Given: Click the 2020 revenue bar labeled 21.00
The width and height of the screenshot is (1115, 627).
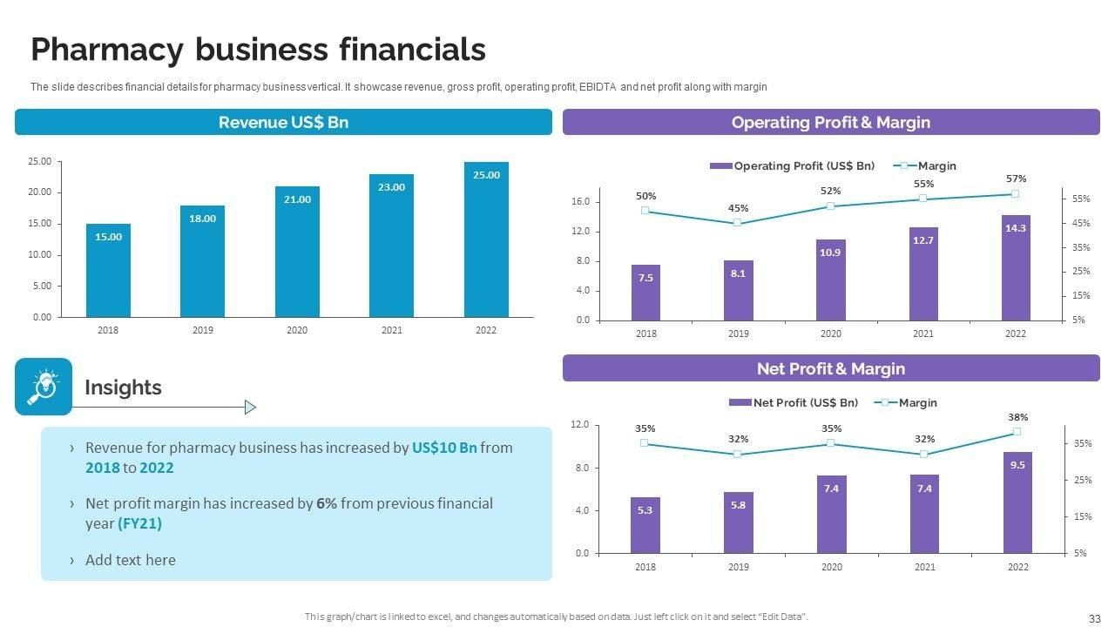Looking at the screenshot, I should (297, 252).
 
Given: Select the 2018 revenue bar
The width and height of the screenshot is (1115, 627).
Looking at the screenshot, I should (108, 270).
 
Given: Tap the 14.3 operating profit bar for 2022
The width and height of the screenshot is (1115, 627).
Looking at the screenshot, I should (1016, 267).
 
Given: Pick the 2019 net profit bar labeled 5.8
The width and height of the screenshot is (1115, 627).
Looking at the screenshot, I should (738, 522).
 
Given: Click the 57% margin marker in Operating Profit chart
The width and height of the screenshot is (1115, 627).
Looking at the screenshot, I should (1015, 194).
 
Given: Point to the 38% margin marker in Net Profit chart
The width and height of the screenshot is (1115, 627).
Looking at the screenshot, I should (1017, 432).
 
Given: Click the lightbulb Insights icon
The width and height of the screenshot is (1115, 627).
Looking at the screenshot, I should (44, 387).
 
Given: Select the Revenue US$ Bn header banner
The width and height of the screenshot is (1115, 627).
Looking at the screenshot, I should (283, 122).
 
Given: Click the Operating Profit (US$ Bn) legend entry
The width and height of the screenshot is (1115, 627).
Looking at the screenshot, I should (792, 165).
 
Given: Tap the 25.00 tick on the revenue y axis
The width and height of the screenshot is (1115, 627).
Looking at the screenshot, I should (40, 161).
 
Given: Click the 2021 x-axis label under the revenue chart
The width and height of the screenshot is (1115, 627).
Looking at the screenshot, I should (391, 331).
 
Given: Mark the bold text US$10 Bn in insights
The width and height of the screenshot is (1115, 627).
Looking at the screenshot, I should (444, 448).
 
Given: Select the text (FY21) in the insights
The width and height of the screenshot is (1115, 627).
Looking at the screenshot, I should (139, 523).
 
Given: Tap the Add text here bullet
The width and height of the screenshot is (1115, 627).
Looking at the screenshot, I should (130, 560).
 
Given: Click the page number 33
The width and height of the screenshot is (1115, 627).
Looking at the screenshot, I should (1095, 618).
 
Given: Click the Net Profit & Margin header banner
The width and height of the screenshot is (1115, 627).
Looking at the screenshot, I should (830, 368).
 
